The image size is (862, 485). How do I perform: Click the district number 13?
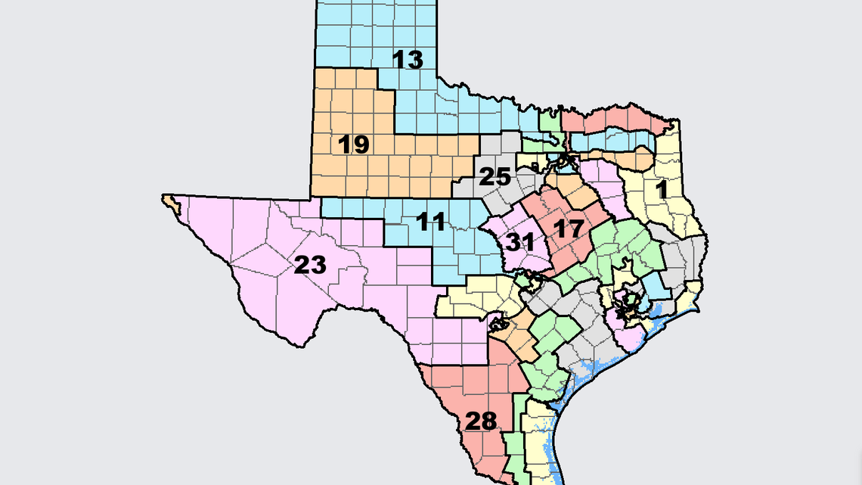408,60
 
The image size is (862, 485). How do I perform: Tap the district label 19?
352,144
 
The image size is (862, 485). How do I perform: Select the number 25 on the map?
496,177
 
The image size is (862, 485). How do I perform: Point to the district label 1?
662,189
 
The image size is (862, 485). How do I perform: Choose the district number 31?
520,243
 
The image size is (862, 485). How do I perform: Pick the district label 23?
310,266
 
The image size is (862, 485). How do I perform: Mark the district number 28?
482,421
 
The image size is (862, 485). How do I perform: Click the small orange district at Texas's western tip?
171,202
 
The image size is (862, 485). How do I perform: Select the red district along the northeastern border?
616,120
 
